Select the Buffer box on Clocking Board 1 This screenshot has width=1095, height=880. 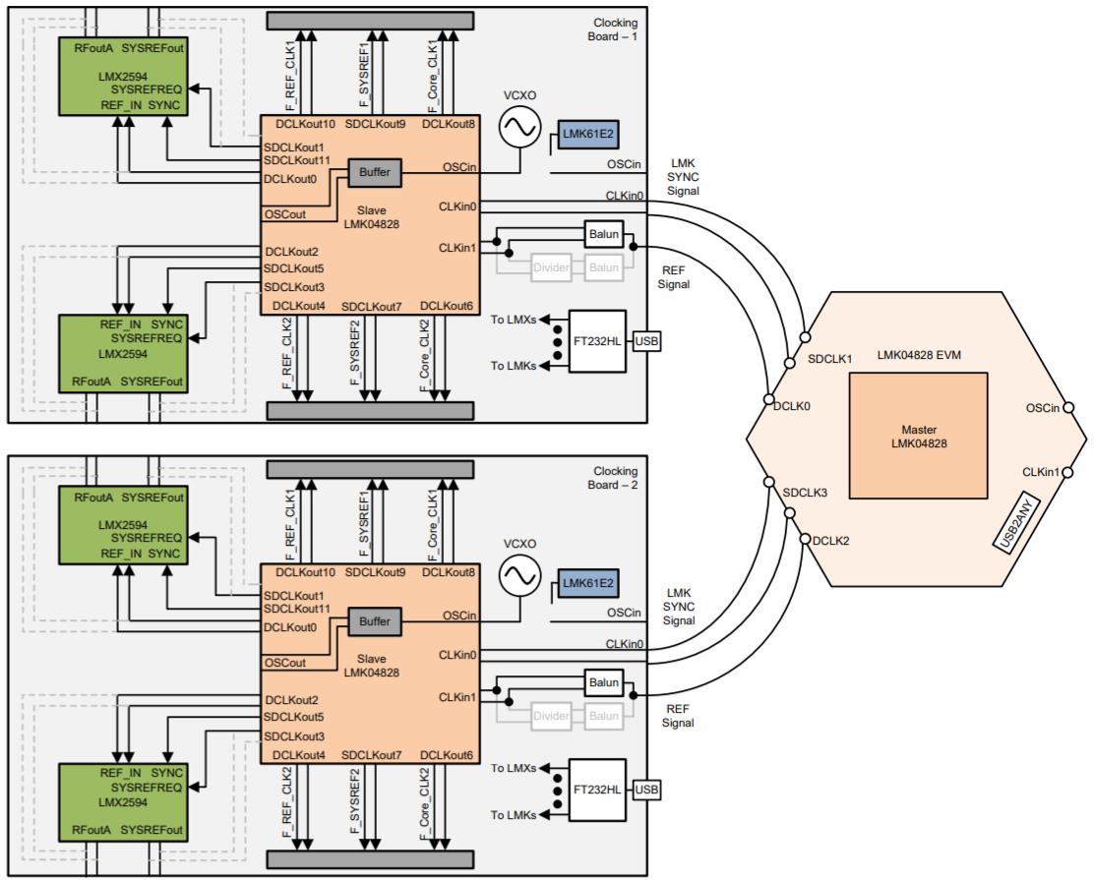(x=374, y=173)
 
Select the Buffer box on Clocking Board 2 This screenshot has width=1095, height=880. (x=374, y=621)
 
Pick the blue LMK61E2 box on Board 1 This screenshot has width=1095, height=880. (x=588, y=136)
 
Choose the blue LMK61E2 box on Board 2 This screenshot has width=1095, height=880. (x=588, y=584)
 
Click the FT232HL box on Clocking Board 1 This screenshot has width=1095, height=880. (x=599, y=341)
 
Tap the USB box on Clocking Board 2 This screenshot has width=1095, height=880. (x=645, y=790)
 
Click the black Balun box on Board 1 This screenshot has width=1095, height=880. (x=603, y=234)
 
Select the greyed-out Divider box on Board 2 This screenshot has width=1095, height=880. (x=551, y=715)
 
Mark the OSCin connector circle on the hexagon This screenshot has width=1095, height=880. (x=1069, y=408)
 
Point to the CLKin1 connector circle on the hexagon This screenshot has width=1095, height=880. (x=1069, y=473)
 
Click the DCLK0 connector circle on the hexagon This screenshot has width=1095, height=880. (x=768, y=399)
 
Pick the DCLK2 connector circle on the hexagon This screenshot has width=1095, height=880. (x=804, y=539)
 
